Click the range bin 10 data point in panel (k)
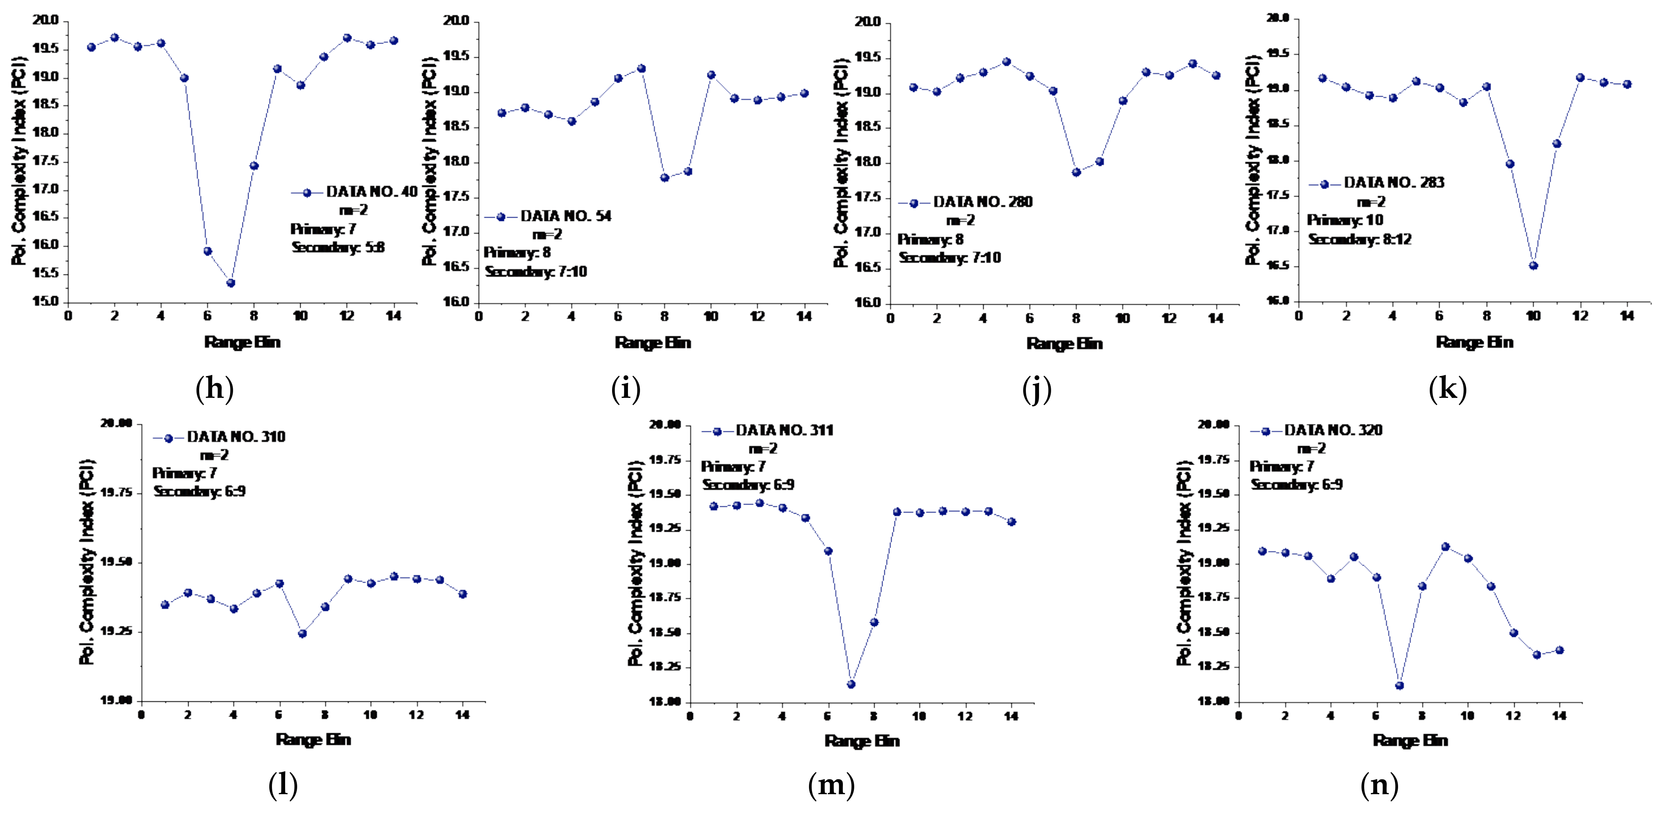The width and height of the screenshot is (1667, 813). pyautogui.click(x=1533, y=265)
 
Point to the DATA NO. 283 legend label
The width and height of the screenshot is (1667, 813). pyautogui.click(x=1394, y=183)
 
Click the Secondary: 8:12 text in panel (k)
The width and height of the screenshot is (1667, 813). pyautogui.click(x=1360, y=239)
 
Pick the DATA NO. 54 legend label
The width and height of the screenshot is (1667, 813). pyautogui.click(x=566, y=216)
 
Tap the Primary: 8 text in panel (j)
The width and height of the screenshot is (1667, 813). pyautogui.click(x=930, y=239)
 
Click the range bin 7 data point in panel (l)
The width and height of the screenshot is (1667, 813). pyautogui.click(x=302, y=633)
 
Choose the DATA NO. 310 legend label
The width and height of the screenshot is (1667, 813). pyautogui.click(x=236, y=437)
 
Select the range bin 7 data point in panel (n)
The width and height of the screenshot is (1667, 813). pyautogui.click(x=1400, y=685)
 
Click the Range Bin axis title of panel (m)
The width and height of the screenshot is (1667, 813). pyautogui.click(x=862, y=741)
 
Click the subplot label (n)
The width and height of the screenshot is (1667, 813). pyautogui.click(x=1379, y=785)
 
